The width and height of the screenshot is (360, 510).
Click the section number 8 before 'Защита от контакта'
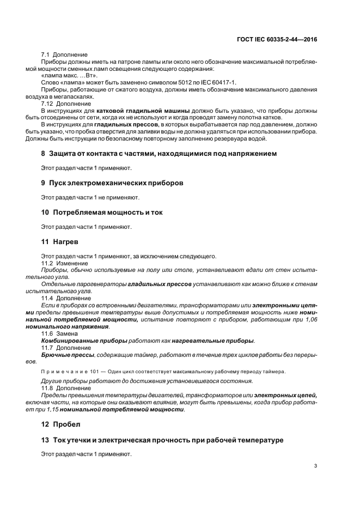pos(44,154)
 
